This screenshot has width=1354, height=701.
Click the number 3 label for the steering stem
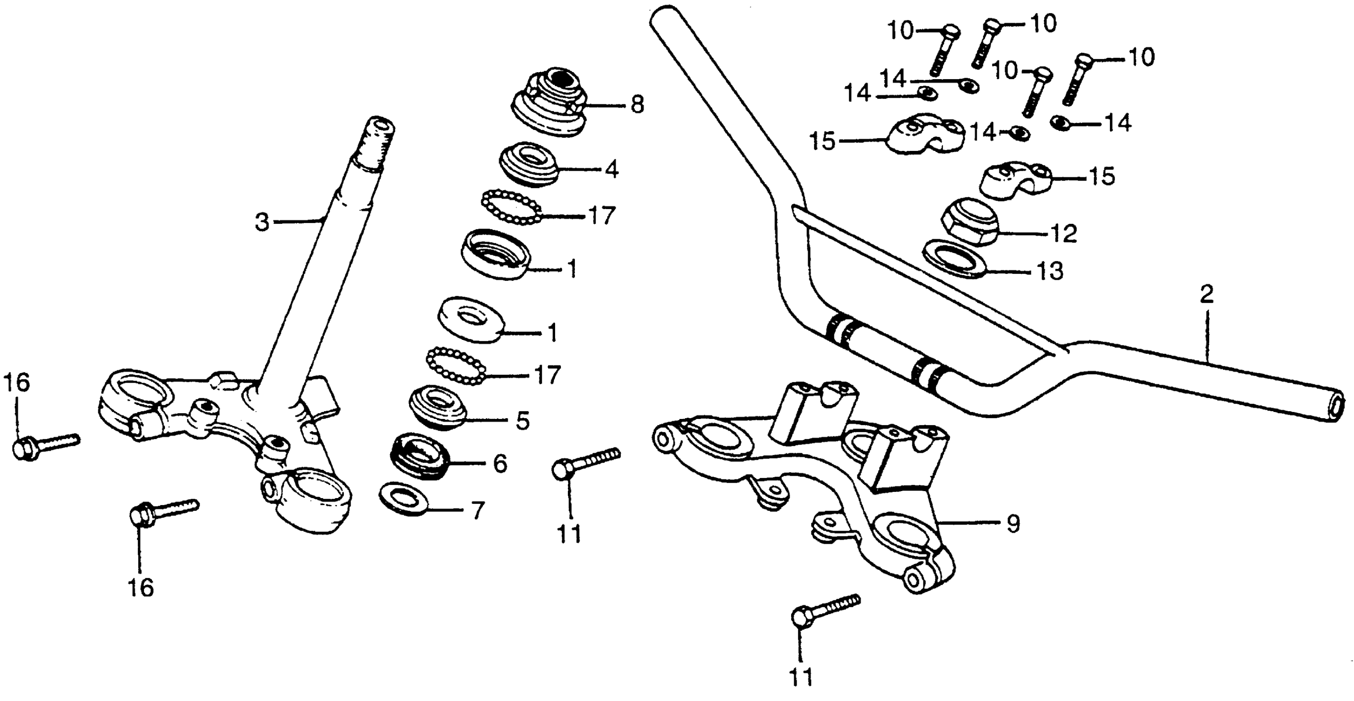pos(262,222)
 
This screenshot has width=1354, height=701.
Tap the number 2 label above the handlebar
pos(1207,295)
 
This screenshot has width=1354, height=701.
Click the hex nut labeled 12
pos(971,222)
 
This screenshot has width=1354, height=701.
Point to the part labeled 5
pos(437,408)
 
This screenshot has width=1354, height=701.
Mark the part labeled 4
pos(528,163)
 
